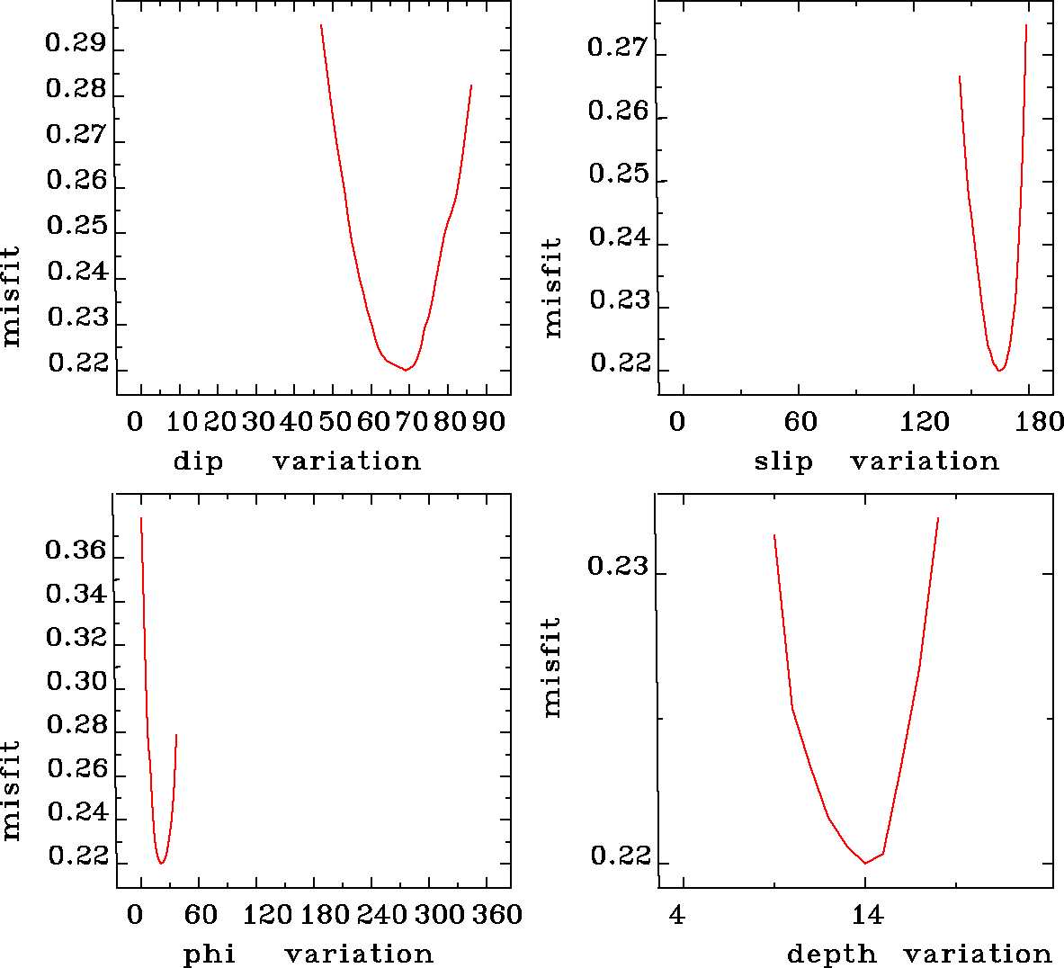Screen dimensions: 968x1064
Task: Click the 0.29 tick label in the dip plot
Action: pyautogui.click(x=76, y=43)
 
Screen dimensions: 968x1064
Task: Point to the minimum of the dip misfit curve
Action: pyautogui.click(x=406, y=370)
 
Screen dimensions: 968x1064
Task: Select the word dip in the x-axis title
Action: pyautogui.click(x=197, y=462)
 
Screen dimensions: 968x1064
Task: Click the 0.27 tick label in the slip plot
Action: pyautogui.click(x=617, y=47)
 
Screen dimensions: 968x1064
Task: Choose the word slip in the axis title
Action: pyautogui.click(x=782, y=462)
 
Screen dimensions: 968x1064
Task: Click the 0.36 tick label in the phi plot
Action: pyautogui.click(x=76, y=550)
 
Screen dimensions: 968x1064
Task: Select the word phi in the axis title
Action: pyautogui.click(x=209, y=954)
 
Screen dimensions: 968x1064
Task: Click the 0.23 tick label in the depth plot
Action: pyautogui.click(x=617, y=566)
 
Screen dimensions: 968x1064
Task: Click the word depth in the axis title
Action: pyautogui.click(x=831, y=954)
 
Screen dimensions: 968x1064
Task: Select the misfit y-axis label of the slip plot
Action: pyautogui.click(x=552, y=288)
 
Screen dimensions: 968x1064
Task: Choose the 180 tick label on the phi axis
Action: pyautogui.click(x=324, y=915)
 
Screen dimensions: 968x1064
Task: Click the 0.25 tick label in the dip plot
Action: pyautogui.click(x=76, y=226)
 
